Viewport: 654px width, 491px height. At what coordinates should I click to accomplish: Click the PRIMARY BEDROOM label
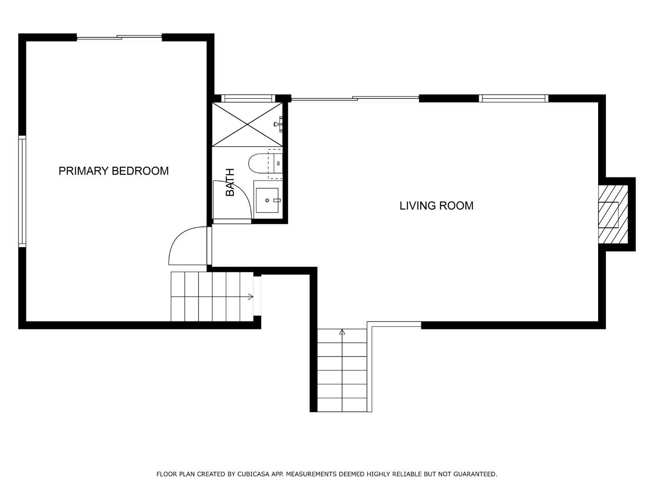(x=114, y=171)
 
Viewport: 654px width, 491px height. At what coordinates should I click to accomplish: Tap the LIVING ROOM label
(x=436, y=205)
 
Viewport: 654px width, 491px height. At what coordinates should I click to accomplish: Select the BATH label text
(x=230, y=182)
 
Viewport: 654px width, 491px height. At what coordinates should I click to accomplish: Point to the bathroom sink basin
(x=268, y=200)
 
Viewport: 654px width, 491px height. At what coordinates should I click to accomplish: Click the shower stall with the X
(x=247, y=124)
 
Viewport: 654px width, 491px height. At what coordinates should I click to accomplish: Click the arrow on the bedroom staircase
(x=250, y=297)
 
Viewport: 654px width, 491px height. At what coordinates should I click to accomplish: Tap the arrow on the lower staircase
(x=342, y=332)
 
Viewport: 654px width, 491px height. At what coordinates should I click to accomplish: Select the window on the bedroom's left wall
(x=22, y=191)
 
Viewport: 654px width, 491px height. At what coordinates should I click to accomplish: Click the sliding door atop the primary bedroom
(x=119, y=38)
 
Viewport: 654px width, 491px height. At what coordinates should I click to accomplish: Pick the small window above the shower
(x=248, y=98)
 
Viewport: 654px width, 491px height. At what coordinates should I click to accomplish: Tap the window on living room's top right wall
(x=514, y=98)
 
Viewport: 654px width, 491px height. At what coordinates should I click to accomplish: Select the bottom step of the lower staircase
(x=342, y=405)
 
